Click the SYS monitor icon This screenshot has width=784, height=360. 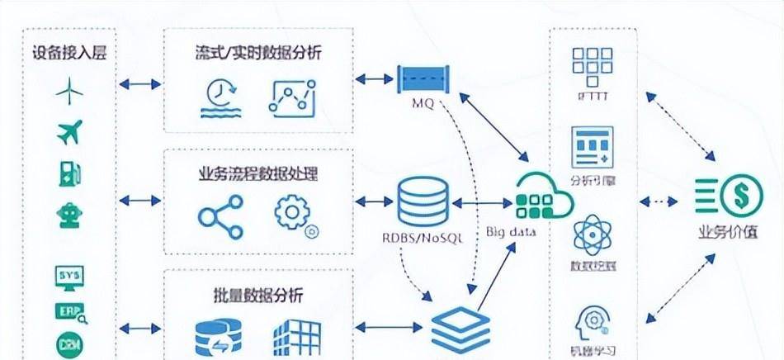pyautogui.click(x=70, y=277)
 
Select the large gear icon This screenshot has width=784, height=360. pyautogui.click(x=291, y=211)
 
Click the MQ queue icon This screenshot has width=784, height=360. pyautogui.click(x=423, y=80)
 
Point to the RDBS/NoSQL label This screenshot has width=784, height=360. pyautogui.click(x=422, y=238)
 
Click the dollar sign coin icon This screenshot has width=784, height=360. pyautogui.click(x=734, y=197)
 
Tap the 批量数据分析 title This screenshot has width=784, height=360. pyautogui.click(x=253, y=295)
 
